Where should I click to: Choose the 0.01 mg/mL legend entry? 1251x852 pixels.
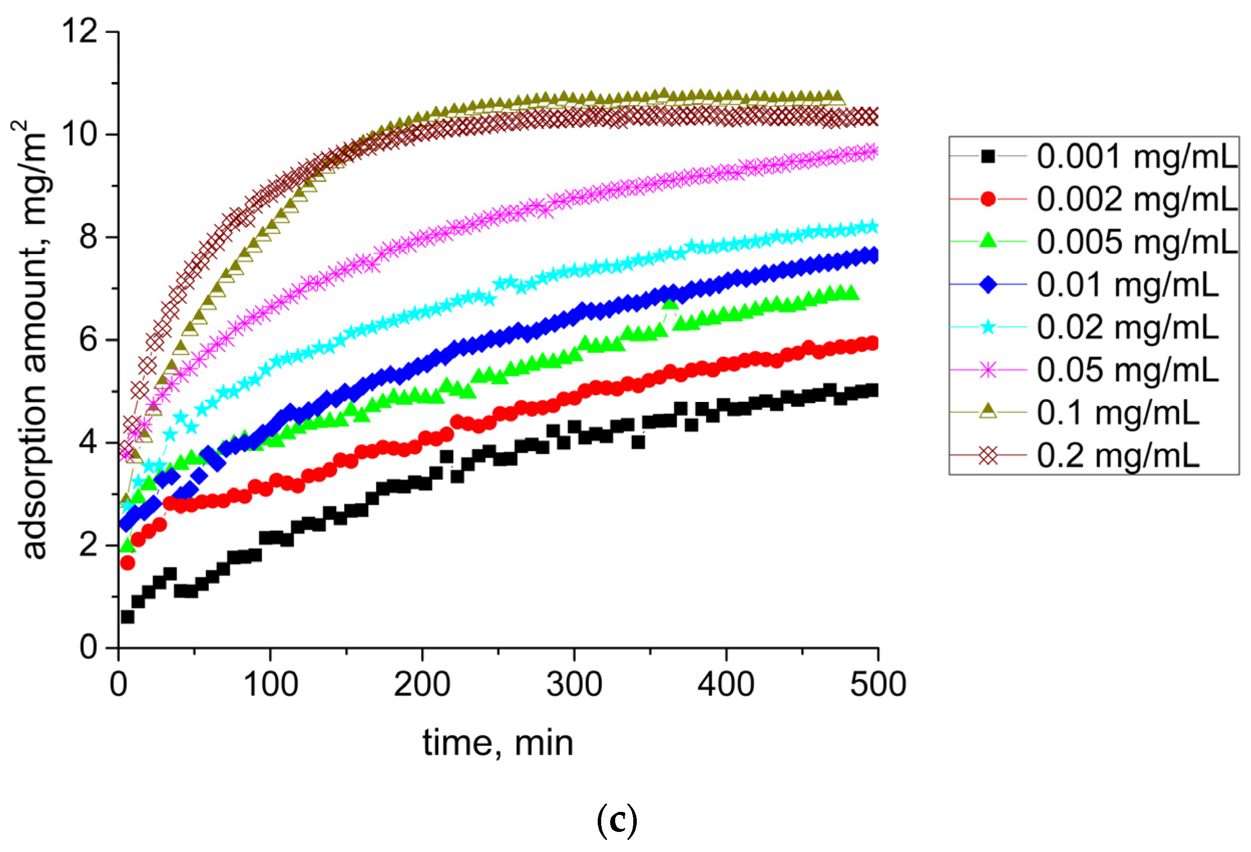[1127, 285]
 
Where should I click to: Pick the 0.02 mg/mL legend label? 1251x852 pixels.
[1127, 327]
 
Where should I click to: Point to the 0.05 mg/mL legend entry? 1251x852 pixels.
[1127, 370]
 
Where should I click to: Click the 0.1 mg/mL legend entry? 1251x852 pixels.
[1118, 413]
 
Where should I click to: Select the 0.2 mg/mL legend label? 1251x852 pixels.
[1118, 456]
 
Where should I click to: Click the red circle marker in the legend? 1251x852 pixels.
[988, 199]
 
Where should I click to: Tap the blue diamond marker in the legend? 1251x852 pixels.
[988, 284]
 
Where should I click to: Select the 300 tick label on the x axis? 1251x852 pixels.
[574, 685]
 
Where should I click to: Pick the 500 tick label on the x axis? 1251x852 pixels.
[878, 685]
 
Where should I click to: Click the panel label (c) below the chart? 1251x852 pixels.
[617, 821]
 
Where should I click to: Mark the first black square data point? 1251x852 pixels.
[128, 616]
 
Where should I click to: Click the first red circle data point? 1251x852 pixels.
[128, 563]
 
